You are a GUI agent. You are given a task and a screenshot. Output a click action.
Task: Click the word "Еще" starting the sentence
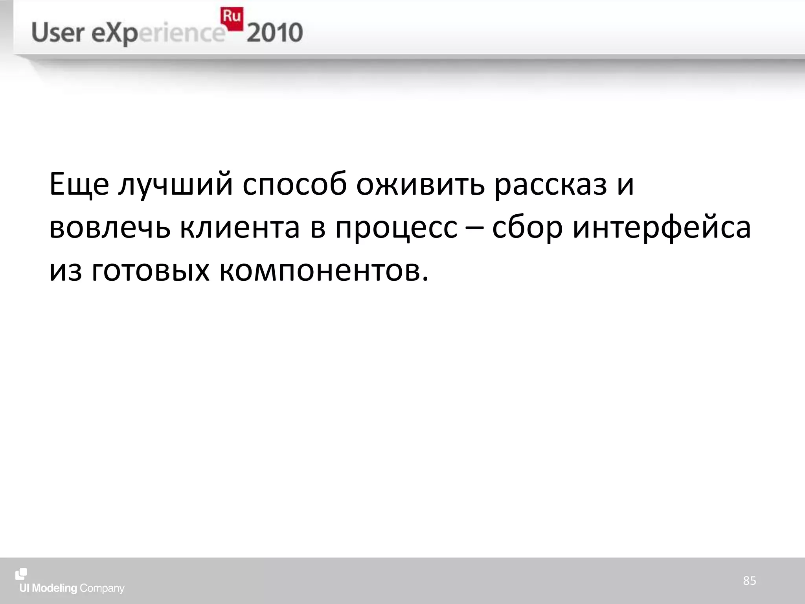79,184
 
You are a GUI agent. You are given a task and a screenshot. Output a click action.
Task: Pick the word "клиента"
240,228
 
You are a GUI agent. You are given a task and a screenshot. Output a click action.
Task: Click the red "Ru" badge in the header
232,18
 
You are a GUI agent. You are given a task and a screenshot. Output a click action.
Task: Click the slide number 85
749,580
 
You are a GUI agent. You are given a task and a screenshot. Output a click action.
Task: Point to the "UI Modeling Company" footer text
72,588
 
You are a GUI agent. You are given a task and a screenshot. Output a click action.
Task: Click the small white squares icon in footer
21,574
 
